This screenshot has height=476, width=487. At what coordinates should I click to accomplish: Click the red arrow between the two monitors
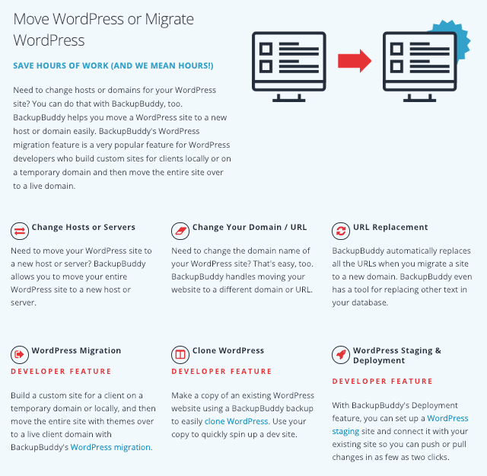(355, 61)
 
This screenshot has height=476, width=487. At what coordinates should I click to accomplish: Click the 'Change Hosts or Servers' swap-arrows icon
(20, 231)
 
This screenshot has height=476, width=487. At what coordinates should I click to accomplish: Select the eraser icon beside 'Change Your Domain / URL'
(180, 231)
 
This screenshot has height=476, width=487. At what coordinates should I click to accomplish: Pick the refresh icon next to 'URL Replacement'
(341, 231)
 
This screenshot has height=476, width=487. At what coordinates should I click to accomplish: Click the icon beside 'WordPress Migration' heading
(20, 354)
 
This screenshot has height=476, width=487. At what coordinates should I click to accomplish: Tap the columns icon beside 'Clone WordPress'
(180, 354)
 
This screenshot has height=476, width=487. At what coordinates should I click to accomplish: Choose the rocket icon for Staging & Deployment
(341, 354)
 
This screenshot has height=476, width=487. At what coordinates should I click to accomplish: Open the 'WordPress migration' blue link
(111, 447)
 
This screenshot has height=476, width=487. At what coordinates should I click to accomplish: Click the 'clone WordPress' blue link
(237, 421)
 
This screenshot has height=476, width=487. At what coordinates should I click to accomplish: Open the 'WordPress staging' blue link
(400, 425)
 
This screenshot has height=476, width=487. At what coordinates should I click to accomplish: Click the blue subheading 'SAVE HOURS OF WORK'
(113, 65)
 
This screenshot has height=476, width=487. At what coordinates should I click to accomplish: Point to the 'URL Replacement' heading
(390, 227)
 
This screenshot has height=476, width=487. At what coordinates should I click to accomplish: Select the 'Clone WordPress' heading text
(228, 350)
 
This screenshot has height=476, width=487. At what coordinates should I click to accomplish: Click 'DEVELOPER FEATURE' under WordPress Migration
(61, 371)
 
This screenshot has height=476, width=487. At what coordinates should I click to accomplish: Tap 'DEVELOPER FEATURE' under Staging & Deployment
(382, 381)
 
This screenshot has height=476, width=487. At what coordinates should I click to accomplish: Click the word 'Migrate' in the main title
(169, 20)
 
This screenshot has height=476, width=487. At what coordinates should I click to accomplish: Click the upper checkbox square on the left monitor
(266, 49)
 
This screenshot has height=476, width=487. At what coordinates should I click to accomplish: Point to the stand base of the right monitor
(419, 100)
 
